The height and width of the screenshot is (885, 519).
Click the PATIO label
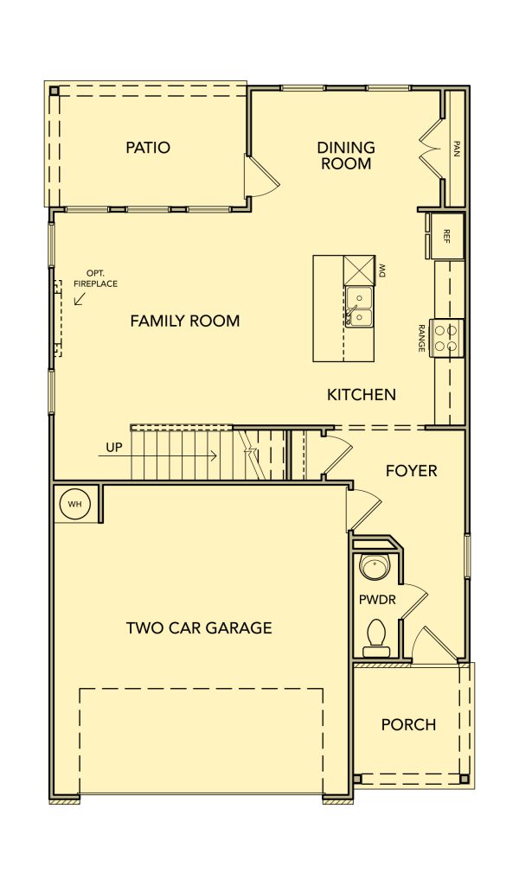147,148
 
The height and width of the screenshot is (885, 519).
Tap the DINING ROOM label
346,156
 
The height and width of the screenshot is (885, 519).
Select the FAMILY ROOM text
185,322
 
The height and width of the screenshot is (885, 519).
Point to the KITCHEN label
362,394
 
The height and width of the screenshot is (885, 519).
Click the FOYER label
411,471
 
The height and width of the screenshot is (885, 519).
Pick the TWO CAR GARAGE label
199,627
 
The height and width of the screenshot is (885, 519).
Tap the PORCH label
408,725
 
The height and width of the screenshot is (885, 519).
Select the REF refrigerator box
446,235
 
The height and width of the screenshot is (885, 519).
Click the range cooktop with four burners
446,338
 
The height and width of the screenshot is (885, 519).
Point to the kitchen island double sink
359,306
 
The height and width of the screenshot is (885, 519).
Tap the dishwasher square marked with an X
359,270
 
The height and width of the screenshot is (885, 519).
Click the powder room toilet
375,638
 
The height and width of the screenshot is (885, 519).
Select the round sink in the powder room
374,568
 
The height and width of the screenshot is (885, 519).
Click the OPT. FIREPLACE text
95,280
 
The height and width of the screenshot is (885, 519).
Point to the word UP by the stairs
114,449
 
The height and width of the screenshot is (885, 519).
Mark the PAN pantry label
457,149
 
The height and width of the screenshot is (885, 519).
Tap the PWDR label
377,600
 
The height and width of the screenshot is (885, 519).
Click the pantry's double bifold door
430,149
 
